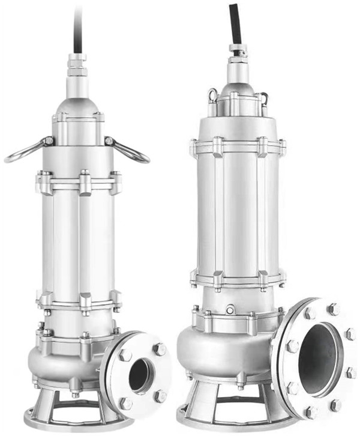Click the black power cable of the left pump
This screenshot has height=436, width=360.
(79, 27)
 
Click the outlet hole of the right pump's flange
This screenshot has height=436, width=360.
(318, 359)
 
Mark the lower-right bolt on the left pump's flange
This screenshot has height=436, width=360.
(160, 396)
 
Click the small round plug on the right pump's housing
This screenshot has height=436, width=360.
(230, 310)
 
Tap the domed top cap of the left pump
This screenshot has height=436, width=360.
(77, 107)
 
